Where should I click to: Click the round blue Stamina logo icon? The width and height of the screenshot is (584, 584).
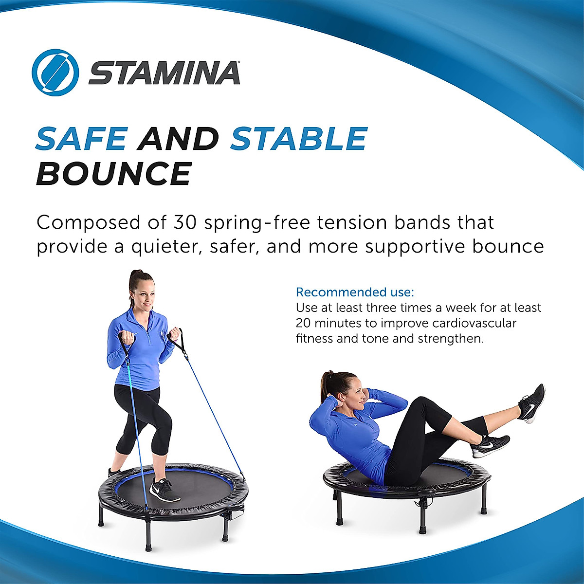55,73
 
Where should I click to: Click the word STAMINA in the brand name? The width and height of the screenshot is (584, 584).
164,73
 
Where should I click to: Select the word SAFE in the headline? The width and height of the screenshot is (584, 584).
81,139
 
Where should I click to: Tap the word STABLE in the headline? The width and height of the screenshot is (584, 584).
298,139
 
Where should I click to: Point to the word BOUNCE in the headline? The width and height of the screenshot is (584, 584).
113,174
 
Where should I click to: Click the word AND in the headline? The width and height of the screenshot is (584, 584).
178,139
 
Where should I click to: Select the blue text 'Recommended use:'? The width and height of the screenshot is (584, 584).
355,292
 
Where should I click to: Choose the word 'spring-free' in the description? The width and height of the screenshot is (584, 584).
258,223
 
